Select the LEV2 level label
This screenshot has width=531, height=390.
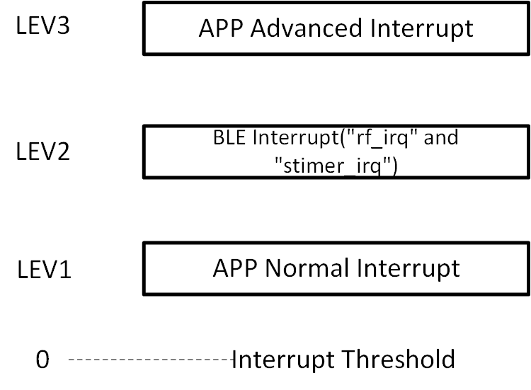[43, 151]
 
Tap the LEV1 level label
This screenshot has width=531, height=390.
[45, 270]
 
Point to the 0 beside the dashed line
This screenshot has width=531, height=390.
[42, 360]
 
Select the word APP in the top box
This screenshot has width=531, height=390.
[221, 29]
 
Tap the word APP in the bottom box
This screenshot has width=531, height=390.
[235, 268]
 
